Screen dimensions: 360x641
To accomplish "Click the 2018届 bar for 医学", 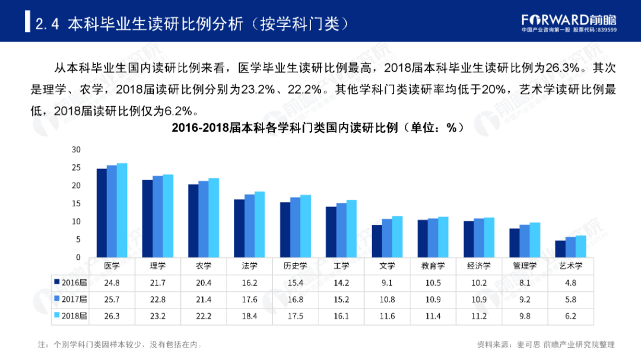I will click(x=122, y=210).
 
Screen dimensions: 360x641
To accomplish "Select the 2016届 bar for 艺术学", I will click(x=560, y=249).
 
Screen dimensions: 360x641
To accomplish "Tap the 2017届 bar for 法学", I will click(x=249, y=226).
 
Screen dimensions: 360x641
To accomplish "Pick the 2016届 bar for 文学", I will click(x=377, y=241).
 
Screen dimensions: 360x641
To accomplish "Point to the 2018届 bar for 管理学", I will click(x=535, y=240).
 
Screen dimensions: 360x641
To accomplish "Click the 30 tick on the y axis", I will click(x=75, y=149).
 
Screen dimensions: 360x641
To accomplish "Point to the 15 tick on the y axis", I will click(x=75, y=203).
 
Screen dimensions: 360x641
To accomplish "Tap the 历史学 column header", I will click(x=295, y=266).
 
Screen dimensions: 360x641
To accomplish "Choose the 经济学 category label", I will click(x=478, y=266).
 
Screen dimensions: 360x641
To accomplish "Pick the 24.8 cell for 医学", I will click(x=112, y=282).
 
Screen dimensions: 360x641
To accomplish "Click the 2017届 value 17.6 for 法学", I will click(x=249, y=299).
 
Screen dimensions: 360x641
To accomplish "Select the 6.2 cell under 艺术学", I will click(x=570, y=316).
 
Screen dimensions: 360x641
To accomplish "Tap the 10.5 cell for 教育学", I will click(x=433, y=282).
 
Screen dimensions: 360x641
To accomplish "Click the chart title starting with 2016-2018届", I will click(x=317, y=128).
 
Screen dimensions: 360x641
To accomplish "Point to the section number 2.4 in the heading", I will click(x=46, y=24).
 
